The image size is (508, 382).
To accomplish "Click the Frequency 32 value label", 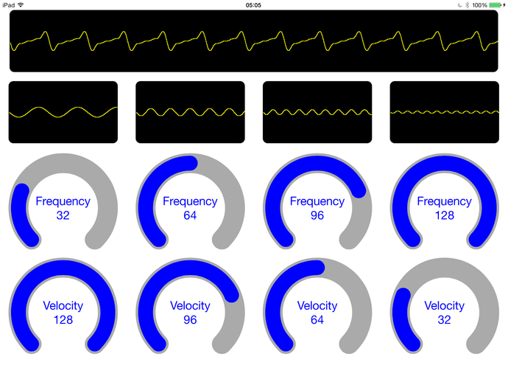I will [x=63, y=215].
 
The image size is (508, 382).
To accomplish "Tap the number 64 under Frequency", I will [x=190, y=215].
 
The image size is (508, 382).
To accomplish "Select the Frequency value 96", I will [x=317, y=215].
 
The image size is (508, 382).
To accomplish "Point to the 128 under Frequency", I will [x=444, y=215].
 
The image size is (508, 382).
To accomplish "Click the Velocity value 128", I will [x=63, y=320].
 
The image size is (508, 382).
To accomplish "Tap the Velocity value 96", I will [x=190, y=320].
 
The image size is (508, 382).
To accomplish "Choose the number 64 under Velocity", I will [x=317, y=320].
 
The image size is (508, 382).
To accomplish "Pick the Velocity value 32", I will [x=444, y=320].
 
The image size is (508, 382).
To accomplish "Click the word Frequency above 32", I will [x=63, y=201].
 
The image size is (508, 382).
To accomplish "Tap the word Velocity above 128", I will [x=63, y=306].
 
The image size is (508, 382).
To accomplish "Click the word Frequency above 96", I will [x=317, y=201].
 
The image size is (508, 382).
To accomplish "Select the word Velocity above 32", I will [x=444, y=306].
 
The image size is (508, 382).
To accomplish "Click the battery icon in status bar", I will [x=495, y=5].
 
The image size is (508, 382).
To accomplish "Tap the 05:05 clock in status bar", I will [x=253, y=5].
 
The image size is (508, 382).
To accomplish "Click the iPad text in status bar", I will [x=9, y=5].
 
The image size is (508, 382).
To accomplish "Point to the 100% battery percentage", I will [x=479, y=5].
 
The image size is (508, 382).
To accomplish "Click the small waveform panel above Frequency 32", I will [x=63, y=112].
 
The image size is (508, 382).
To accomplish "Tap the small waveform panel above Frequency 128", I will [x=444, y=112].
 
